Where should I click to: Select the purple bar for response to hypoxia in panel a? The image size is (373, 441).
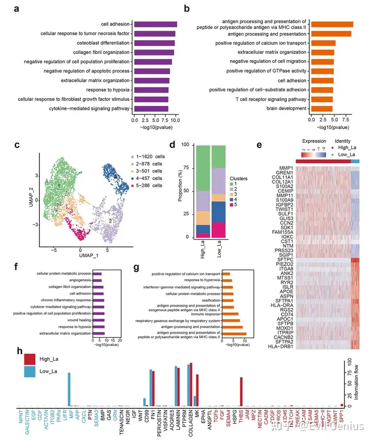pyautogui.click(x=151, y=90)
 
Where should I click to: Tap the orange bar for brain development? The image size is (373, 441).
pyautogui.click(x=321, y=108)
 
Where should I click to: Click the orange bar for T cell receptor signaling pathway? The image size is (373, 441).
pyautogui.click(x=322, y=99)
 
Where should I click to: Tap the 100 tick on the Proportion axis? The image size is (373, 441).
pyautogui.click(x=189, y=146)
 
